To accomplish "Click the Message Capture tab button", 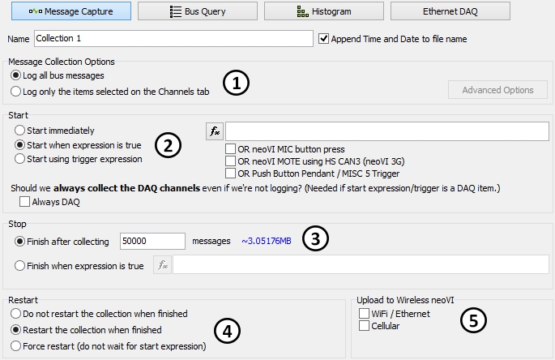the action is tap(71, 11).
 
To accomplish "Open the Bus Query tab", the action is tap(198, 11).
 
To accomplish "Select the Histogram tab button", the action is tap(324, 11).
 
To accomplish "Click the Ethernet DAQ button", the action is tap(450, 11).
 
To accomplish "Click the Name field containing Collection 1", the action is tap(173, 38).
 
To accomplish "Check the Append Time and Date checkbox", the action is tap(323, 38).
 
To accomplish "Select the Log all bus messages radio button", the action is tap(15, 75).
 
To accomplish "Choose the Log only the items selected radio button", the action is tap(15, 92).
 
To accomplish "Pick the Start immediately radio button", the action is tap(19, 131).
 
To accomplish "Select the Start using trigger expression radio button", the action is tap(19, 159).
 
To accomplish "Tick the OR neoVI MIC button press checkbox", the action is tap(230, 149).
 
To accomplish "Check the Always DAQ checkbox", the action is tap(24, 202).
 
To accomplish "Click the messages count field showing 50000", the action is tap(152, 242).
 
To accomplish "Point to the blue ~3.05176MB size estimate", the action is tap(267, 242).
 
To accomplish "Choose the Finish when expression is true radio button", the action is tap(19, 266).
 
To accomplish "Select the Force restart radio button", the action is tap(15, 346).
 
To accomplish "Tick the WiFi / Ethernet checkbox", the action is tap(364, 313).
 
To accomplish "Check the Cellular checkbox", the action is tap(364, 325).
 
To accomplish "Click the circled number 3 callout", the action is tap(315, 238).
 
